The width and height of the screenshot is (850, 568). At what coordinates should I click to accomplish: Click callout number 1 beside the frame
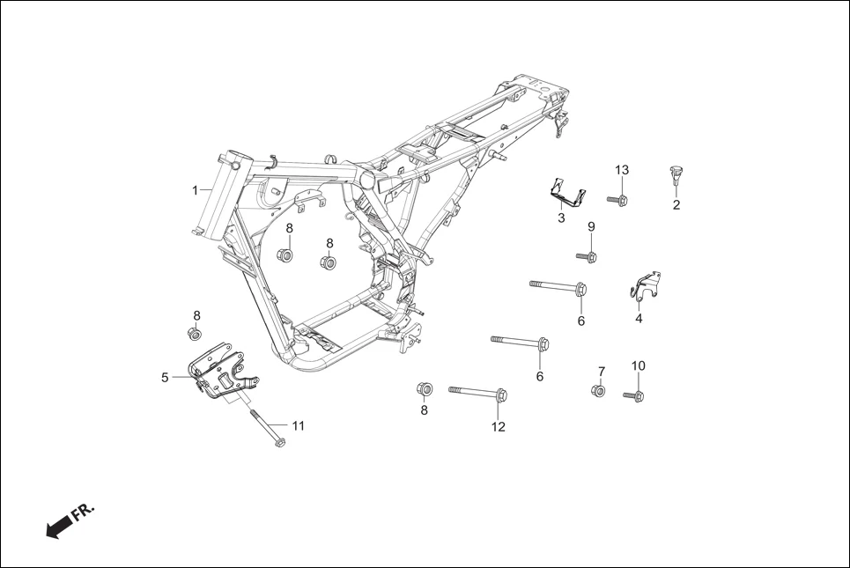(196, 190)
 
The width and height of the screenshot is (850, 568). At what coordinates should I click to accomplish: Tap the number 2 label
(676, 206)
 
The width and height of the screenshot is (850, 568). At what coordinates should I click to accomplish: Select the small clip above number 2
(676, 175)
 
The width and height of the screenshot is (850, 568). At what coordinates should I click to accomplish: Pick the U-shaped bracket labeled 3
(565, 193)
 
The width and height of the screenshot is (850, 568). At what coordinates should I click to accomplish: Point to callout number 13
(622, 169)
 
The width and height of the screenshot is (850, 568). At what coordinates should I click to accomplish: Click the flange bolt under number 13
(617, 201)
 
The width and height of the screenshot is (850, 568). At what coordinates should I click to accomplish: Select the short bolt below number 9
(588, 256)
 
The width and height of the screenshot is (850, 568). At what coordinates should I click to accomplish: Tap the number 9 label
(591, 227)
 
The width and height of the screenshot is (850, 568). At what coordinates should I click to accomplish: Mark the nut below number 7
(599, 390)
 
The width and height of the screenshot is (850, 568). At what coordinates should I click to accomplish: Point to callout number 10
(639, 365)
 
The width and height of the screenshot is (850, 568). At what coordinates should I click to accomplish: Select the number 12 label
(499, 427)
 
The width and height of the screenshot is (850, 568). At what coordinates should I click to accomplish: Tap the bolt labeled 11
(266, 427)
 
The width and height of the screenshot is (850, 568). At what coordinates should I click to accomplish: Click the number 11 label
(298, 425)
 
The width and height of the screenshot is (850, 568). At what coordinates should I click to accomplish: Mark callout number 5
(165, 378)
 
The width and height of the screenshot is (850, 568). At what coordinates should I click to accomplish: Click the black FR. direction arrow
(59, 527)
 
